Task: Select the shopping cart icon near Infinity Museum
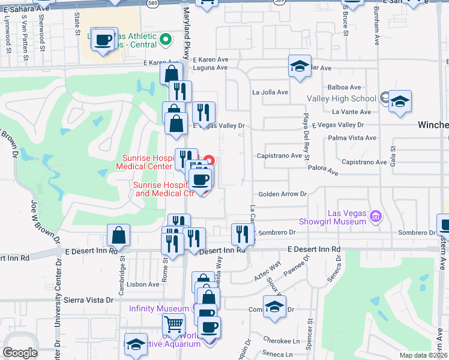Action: (x=173, y=325)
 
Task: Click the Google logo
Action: (x=20, y=352)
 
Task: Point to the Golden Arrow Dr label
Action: (x=283, y=194)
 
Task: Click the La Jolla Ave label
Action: (x=270, y=92)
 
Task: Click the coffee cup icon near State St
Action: (x=103, y=40)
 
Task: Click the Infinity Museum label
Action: (x=159, y=308)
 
